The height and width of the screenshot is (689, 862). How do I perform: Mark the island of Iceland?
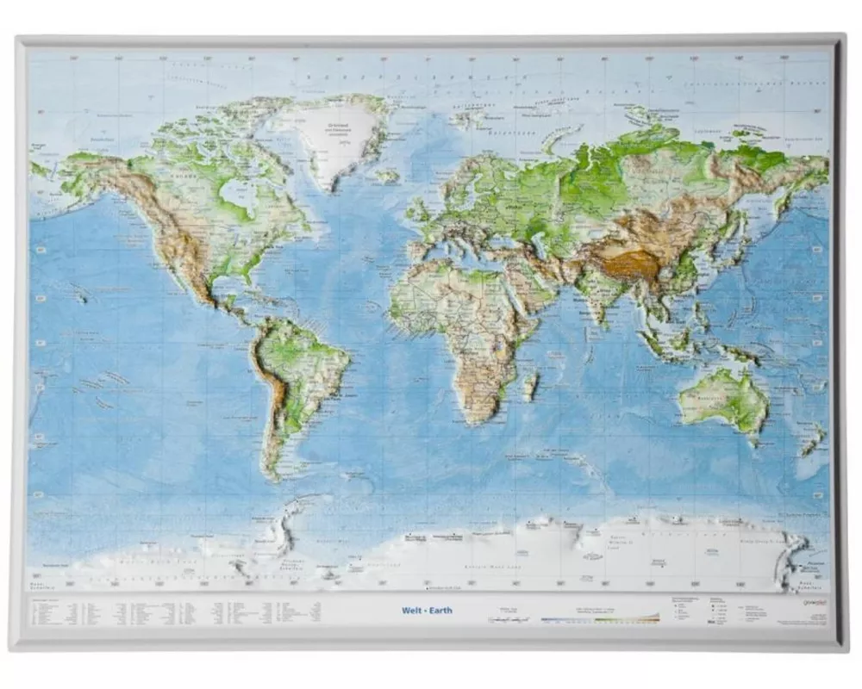click(389, 176)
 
